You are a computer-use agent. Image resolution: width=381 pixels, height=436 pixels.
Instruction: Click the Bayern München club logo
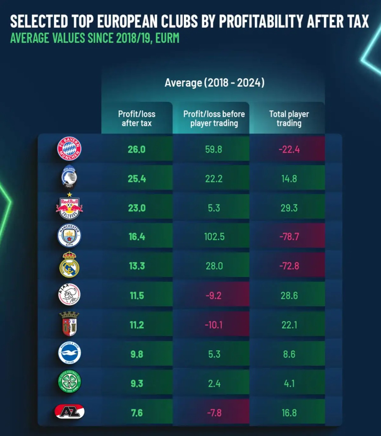coord(69,149)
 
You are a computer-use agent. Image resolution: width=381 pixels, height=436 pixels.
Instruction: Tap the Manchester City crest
coord(69,236)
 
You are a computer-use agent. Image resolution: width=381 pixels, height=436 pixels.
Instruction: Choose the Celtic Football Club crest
coord(69,382)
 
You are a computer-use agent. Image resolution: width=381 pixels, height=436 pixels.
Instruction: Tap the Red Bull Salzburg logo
coord(69,207)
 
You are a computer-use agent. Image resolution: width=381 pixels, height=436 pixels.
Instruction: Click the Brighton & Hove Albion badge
coord(69,353)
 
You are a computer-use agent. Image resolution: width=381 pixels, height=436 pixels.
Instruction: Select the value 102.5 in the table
coord(214,237)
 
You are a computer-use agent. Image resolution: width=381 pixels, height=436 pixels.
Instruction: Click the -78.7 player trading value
coord(289,237)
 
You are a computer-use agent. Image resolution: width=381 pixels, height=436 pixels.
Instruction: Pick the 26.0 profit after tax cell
coord(137,150)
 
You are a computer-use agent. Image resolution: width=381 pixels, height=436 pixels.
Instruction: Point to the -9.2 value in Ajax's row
coord(213,296)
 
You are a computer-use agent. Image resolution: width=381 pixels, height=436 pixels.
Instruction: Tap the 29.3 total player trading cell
coord(289,208)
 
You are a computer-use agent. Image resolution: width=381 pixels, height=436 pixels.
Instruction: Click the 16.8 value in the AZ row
coord(289,413)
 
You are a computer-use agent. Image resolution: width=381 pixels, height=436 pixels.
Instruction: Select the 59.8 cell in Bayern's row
coord(213,150)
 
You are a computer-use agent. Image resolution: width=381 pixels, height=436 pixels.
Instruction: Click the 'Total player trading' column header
coord(289,118)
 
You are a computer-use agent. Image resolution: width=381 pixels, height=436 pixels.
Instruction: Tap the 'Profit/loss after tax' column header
coord(137,118)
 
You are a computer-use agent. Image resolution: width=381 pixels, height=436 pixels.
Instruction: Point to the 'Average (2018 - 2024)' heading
coord(214,83)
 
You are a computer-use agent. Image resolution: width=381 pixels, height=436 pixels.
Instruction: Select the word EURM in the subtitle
coord(167,38)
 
